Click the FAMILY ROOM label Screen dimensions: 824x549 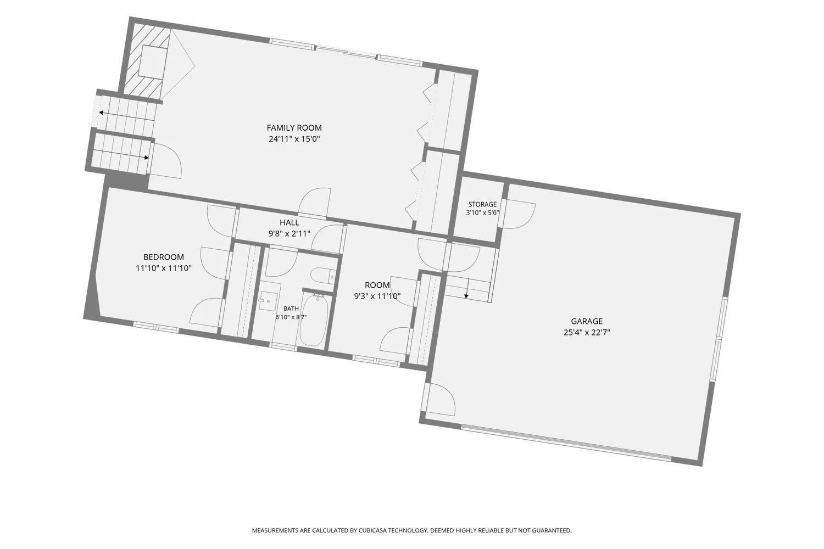point(294,127)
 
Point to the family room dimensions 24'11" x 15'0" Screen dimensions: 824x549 point(294,139)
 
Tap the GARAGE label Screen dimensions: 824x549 point(587,321)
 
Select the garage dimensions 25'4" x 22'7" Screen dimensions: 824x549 point(587,332)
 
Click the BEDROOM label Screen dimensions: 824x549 point(164,257)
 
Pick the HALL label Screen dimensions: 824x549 point(289,222)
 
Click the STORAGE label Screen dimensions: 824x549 point(483,204)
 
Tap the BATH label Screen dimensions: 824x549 point(291,309)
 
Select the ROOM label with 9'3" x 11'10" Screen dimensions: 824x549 point(377,285)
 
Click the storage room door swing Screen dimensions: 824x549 point(519,214)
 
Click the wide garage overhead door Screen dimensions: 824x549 point(566,442)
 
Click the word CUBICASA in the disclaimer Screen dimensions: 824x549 point(372,530)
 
